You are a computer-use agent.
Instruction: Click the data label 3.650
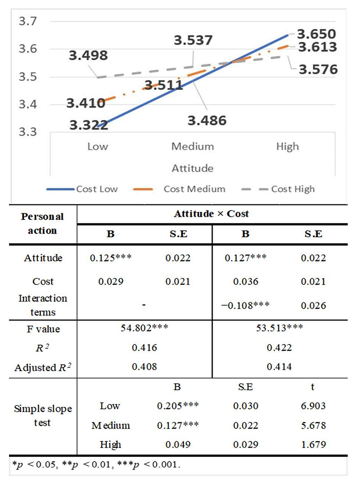317,34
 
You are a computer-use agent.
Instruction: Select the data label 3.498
88,55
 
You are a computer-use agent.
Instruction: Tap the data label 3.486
207,121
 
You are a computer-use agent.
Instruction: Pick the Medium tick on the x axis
192,147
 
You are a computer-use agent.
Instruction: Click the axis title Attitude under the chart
192,168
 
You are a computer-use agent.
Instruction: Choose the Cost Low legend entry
97,189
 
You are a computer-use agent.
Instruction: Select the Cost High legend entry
293,189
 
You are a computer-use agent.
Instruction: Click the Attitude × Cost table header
211,214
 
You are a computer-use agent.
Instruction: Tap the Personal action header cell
42,223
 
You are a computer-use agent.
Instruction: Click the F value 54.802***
144,329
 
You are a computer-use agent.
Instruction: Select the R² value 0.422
279,348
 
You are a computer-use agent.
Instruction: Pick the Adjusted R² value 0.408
144,367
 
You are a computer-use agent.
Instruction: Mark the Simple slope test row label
43,415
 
